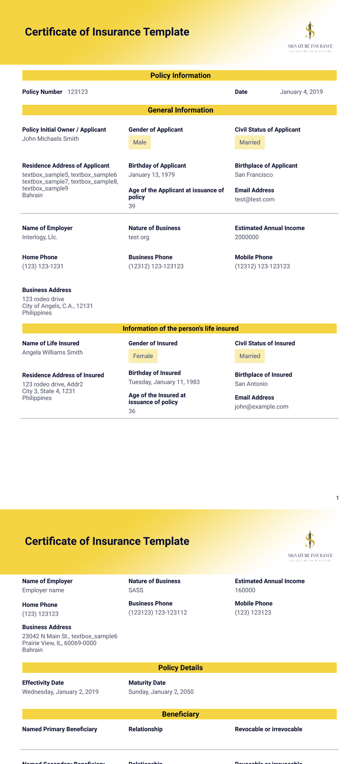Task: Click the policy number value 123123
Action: click(77, 92)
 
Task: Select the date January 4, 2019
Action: click(301, 92)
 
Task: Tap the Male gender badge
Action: click(139, 143)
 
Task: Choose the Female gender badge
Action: click(143, 356)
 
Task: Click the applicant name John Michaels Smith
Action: click(51, 139)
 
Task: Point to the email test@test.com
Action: click(254, 200)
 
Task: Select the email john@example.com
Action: click(261, 407)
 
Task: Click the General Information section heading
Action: click(180, 110)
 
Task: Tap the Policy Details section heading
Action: click(180, 668)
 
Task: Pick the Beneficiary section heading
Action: click(180, 714)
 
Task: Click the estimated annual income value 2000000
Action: click(247, 237)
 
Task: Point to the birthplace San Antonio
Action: click(251, 384)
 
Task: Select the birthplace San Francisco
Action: click(253, 175)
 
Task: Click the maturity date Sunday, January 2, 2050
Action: click(161, 692)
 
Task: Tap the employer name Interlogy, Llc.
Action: click(40, 237)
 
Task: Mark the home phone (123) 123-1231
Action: click(43, 267)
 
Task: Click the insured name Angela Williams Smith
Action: click(52, 353)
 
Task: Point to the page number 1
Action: click(337, 498)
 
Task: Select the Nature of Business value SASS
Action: click(136, 590)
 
